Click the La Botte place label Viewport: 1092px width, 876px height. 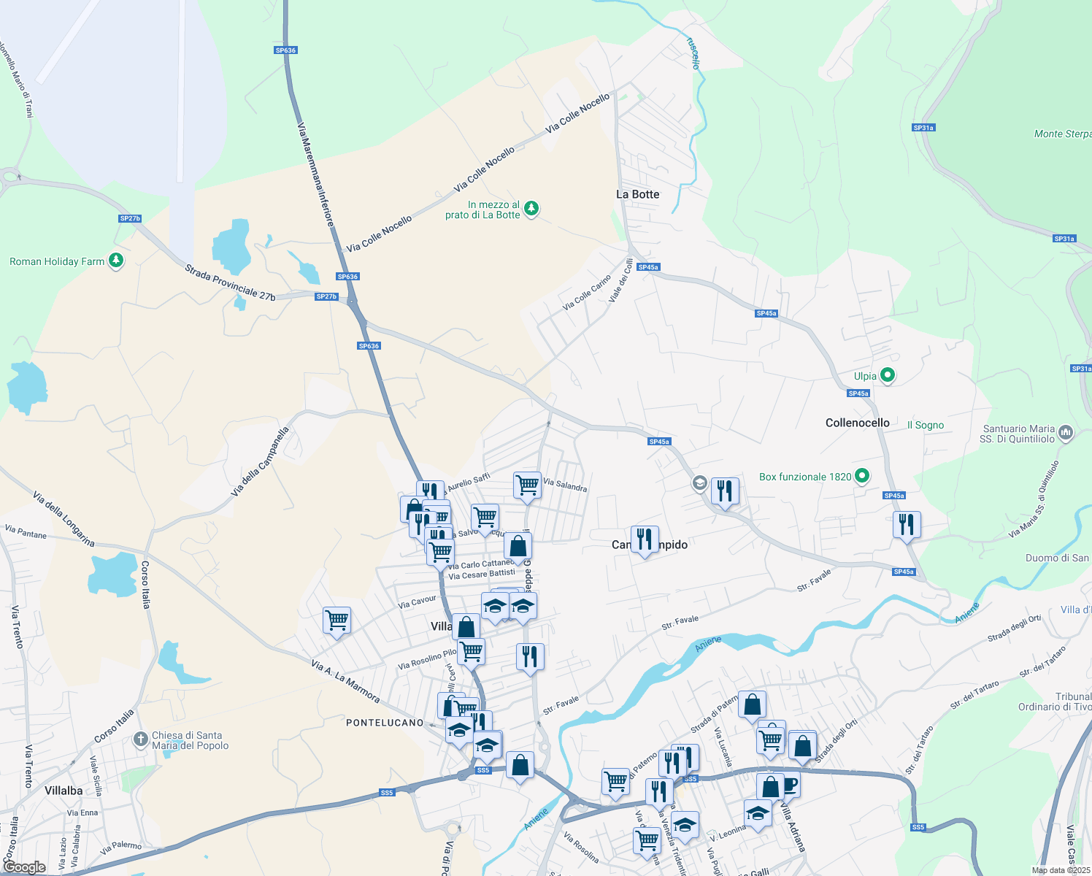637,194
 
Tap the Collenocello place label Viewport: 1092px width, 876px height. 857,423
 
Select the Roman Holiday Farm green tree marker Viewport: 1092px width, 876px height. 115,261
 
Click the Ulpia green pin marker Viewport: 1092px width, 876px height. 888,376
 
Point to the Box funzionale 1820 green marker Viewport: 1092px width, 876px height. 862,476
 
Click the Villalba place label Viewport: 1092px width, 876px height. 64,791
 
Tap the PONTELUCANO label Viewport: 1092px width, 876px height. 385,723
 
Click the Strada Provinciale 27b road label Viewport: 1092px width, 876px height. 230,283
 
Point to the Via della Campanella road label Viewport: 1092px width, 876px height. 260,462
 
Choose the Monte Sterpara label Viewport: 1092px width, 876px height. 1062,134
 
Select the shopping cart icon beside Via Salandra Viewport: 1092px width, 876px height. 527,485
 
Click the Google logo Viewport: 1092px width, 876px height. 25,867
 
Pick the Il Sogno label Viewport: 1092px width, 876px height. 925,425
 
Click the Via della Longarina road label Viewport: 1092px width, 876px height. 64,519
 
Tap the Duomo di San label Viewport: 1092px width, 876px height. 1057,558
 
